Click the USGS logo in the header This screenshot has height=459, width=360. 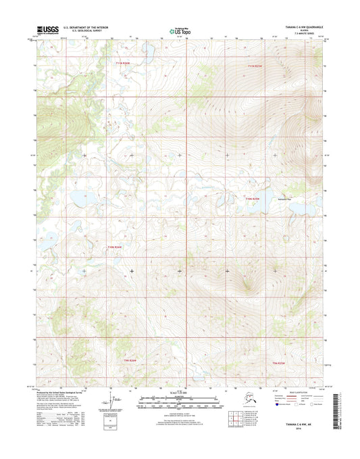click(43, 30)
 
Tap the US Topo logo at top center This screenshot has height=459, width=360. click(179, 30)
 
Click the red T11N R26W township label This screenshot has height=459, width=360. click(122, 64)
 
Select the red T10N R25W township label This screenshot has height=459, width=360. click(252, 198)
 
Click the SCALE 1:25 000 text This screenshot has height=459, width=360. click(179, 393)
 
